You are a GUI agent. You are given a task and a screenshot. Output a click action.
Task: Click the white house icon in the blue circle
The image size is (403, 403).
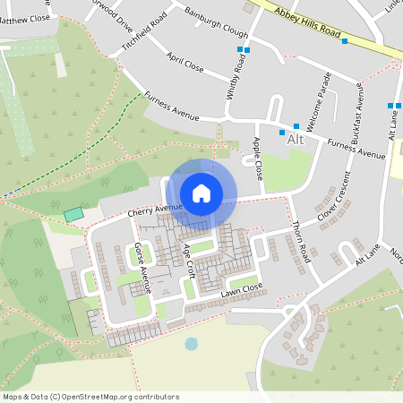[201, 193]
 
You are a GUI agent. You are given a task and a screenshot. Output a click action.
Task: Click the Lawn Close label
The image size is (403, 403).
[242, 290]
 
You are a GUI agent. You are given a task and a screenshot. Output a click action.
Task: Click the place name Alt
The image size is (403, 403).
[296, 140]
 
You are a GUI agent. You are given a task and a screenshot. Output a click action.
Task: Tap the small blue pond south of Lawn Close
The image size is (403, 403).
[191, 343]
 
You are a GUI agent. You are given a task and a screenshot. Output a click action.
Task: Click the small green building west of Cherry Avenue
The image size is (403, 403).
[73, 215]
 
